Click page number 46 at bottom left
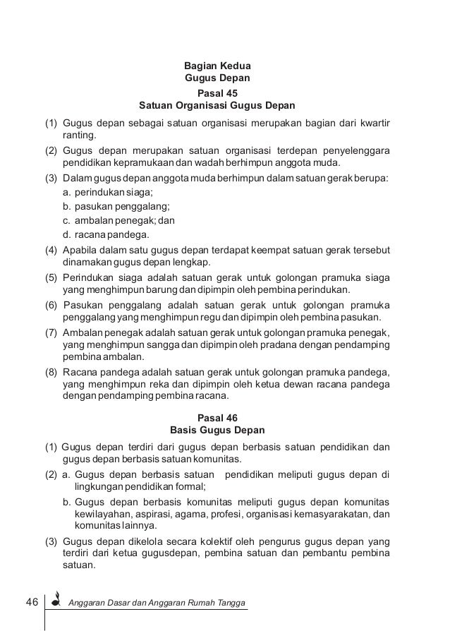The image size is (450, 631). coord(32,601)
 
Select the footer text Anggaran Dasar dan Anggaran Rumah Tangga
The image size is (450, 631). coord(158,602)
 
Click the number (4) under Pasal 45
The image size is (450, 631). coord(51,251)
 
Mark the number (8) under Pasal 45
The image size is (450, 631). coord(51,372)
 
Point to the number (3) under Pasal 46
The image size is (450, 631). coord(51,541)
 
